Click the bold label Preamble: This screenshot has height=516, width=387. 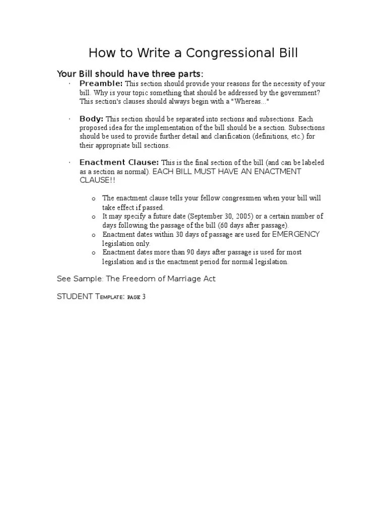[x=101, y=83]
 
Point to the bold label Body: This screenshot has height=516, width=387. [x=91, y=119]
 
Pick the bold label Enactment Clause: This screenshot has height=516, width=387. [x=119, y=162]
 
